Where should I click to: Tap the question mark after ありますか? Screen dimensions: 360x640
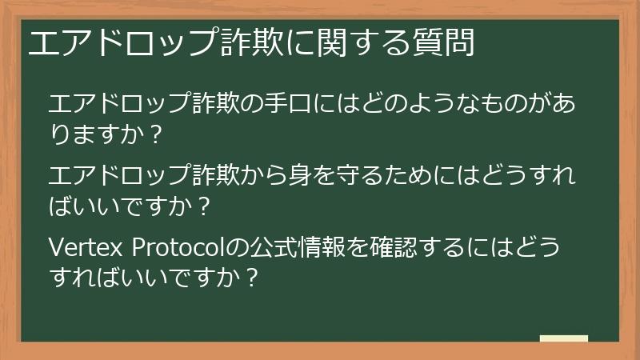156,134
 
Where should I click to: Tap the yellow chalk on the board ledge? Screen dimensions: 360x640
564,338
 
